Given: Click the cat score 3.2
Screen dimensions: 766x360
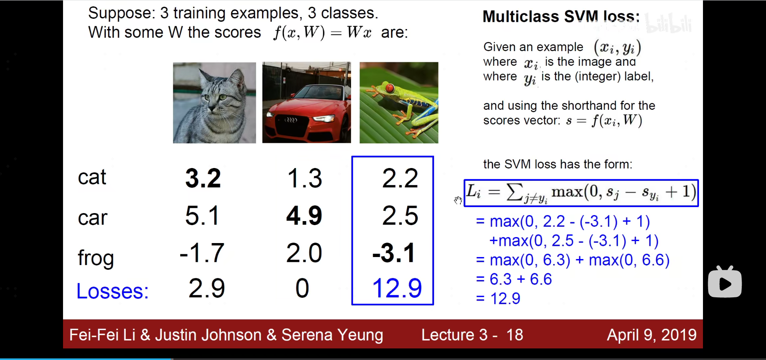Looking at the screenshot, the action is click(203, 178).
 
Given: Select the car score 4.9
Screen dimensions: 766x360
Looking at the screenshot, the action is click(304, 216).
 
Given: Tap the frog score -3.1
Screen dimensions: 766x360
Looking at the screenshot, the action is click(394, 253).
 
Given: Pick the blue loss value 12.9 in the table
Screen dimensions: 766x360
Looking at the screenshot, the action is click(397, 288).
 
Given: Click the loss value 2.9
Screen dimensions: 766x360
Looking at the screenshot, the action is click(207, 288).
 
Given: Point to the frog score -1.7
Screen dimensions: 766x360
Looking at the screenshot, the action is click(202, 253).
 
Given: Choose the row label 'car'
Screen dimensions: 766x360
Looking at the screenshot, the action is click(93, 218).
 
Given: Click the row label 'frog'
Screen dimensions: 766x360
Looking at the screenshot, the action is click(96, 258).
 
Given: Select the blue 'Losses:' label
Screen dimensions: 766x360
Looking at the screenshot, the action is click(113, 291).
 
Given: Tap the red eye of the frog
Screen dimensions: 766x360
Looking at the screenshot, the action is click(390, 88).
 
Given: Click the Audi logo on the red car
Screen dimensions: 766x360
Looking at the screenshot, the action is click(290, 120).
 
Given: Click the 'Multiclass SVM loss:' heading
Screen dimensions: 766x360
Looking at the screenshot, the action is click(561, 17).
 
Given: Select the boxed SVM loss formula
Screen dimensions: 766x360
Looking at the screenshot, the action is click(581, 193).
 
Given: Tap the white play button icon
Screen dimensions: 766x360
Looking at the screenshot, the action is click(725, 282).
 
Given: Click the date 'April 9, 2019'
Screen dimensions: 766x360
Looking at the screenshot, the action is click(652, 335).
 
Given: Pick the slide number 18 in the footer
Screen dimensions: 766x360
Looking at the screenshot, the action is click(515, 335).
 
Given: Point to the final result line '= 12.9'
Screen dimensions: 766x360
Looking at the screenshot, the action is click(498, 299).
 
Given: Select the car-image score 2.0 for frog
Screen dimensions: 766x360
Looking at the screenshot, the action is click(304, 253).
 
